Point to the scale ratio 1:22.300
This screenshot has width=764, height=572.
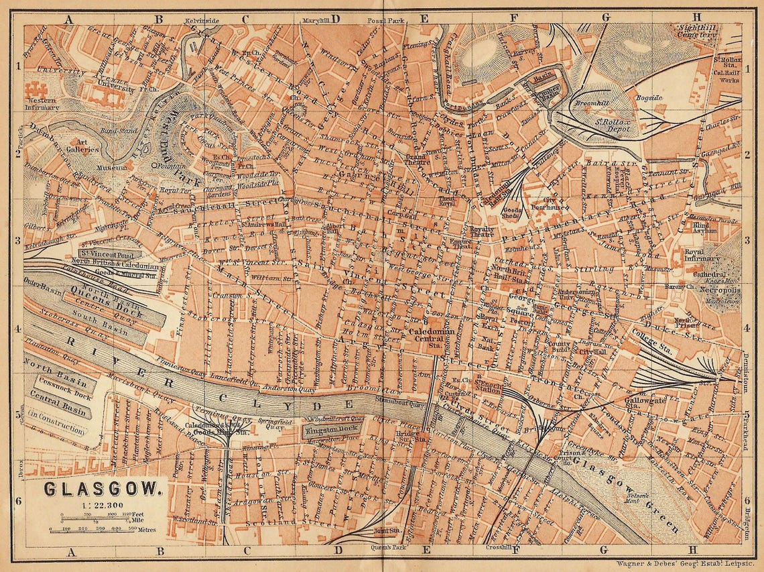coord(102,504)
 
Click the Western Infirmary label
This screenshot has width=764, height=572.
coord(42,104)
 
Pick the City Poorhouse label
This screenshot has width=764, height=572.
coord(541,204)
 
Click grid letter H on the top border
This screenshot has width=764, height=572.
coord(696,18)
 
